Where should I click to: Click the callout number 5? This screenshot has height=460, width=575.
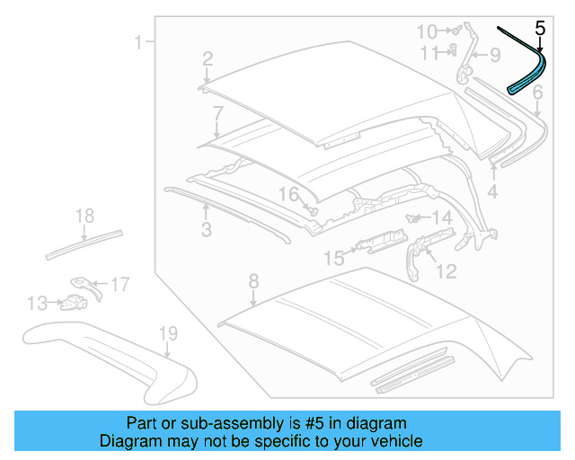tap(540, 28)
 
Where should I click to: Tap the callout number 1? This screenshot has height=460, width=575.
tap(138, 42)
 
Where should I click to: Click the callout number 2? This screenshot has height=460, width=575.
tap(208, 59)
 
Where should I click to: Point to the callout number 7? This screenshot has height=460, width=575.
tap(217, 113)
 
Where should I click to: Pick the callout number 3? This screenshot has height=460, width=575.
tap(206, 231)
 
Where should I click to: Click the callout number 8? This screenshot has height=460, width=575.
tap(253, 280)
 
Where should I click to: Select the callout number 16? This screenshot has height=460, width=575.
tap(287, 195)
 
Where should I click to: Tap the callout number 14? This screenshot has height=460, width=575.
tap(442, 218)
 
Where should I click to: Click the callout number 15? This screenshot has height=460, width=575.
tap(333, 259)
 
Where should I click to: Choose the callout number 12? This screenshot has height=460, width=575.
tap(446, 270)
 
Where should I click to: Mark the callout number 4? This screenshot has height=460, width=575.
tap(492, 192)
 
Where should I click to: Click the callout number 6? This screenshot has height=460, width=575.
tap(537, 93)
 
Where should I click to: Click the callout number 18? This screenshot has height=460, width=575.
tap(84, 216)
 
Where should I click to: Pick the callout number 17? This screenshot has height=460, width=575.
tap(119, 285)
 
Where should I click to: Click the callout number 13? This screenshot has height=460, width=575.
tap(37, 304)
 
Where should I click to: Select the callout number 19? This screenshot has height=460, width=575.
tap(169, 335)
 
